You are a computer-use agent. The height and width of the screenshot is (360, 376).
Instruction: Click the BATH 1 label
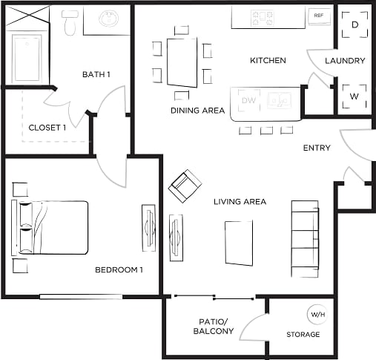point(96,74)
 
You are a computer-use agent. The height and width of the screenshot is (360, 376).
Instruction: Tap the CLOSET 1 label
point(47,127)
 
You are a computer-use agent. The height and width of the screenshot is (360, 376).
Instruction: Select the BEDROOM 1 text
point(119,269)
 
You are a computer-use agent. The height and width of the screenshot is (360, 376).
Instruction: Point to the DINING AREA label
point(197,111)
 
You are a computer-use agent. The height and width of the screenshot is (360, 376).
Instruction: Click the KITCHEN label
point(268,60)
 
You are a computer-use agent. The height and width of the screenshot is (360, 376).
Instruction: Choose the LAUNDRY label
point(345,61)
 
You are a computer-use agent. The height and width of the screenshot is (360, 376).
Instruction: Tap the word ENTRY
point(317,148)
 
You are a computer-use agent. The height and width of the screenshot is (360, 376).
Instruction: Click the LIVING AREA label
point(240,202)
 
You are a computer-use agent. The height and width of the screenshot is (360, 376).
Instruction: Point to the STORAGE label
point(303,335)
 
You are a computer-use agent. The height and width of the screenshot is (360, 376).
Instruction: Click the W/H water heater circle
point(317,315)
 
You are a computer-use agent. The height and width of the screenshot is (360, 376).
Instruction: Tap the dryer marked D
point(354,24)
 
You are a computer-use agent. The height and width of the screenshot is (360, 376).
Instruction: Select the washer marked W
point(354,96)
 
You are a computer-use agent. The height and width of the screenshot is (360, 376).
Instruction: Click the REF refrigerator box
point(319,16)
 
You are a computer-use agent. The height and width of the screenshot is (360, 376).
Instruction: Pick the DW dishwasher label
point(248,100)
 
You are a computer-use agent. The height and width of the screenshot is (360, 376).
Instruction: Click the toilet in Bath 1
point(70,23)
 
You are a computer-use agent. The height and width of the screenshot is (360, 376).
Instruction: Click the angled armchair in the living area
point(185,186)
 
